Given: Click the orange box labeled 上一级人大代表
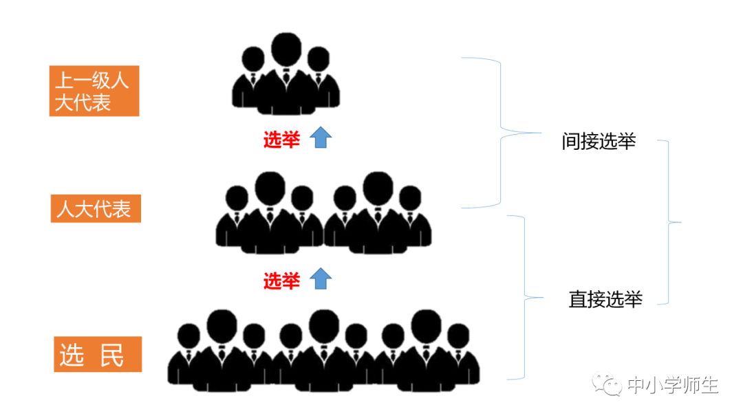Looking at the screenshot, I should (94, 91).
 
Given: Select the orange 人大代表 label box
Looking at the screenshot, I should (94, 208).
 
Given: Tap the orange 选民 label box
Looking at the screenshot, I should (98, 355).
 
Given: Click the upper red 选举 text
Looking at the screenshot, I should (281, 140).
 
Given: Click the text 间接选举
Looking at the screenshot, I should (598, 142).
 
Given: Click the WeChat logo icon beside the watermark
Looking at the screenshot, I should (608, 385).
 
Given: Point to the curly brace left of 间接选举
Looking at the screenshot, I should (501, 132).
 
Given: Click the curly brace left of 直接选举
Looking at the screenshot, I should (524, 298).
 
